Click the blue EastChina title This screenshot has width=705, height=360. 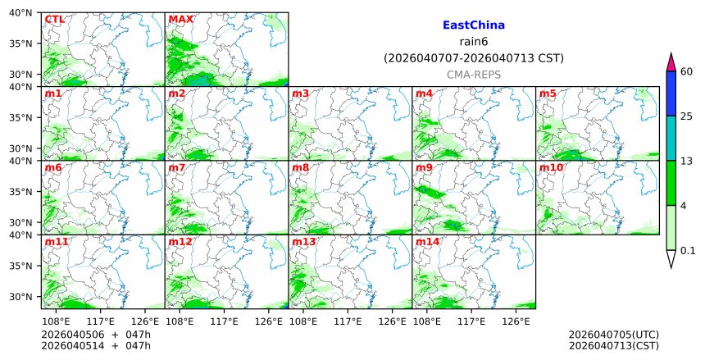click(473, 25)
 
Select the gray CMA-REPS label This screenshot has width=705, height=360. click(473, 75)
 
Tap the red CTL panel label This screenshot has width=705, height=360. click(54, 20)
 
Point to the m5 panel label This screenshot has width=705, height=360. click(548, 93)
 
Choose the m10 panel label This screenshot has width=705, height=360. click(551, 167)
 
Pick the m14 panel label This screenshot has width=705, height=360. click(427, 242)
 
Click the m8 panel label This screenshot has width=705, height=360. click(300, 167)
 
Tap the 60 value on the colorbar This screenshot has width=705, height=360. click(687, 72)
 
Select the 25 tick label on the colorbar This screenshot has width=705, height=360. click(687, 116)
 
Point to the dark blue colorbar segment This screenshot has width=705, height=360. click(671, 93)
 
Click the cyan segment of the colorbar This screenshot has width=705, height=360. click(671, 138)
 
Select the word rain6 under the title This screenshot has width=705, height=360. click(473, 42)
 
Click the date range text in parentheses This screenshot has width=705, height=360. click(473, 58)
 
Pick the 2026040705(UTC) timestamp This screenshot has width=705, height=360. click(613, 335)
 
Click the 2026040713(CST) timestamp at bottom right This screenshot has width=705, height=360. click(613, 346)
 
